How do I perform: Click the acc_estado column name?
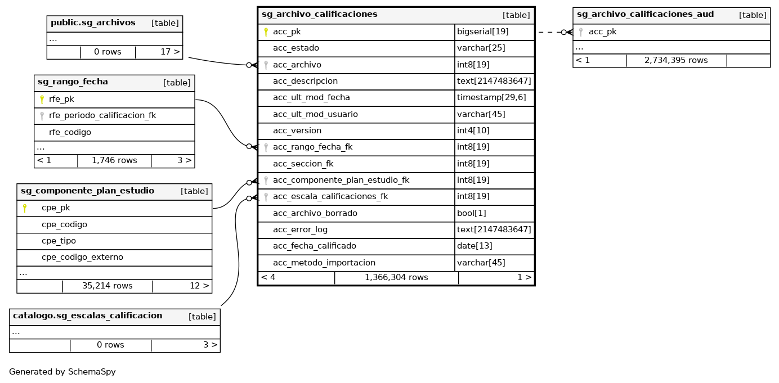click(x=296, y=48)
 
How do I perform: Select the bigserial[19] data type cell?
click(x=482, y=32)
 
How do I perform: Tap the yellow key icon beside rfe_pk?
click(x=42, y=100)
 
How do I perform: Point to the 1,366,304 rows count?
click(x=396, y=277)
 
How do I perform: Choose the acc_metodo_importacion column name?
click(x=324, y=263)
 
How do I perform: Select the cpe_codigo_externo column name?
click(x=82, y=257)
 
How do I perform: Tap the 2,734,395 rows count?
click(x=676, y=60)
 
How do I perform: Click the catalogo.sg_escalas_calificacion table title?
click(x=87, y=316)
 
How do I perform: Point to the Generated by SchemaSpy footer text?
click(x=62, y=372)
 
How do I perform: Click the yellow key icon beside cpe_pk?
click(x=25, y=208)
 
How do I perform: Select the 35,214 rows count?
click(x=107, y=286)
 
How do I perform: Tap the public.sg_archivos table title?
click(x=93, y=23)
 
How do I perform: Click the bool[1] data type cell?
click(x=471, y=213)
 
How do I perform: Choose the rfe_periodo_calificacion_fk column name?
click(x=102, y=116)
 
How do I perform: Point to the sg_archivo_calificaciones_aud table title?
click(x=645, y=15)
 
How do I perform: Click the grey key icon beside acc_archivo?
click(x=266, y=65)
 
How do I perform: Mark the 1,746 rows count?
click(x=114, y=160)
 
